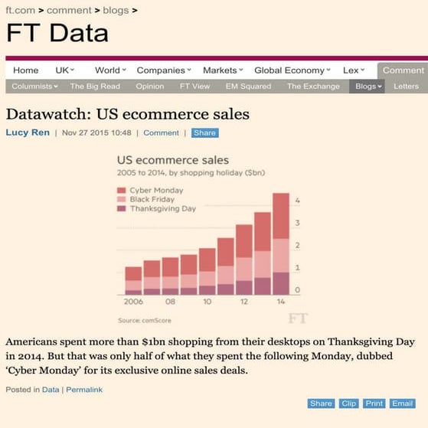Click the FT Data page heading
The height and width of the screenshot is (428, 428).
coord(57,33)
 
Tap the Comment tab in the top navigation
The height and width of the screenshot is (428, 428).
coord(403,70)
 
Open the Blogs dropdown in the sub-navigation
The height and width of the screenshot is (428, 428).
coord(368,87)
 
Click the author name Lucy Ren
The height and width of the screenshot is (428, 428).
coord(27,132)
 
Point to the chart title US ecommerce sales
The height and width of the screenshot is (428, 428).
coord(172,161)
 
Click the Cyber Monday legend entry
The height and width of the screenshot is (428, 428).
coord(154,190)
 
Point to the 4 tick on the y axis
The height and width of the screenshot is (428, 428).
coord(297,201)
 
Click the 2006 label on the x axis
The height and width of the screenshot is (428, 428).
coord(133,302)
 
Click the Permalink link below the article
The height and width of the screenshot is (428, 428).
coord(84,390)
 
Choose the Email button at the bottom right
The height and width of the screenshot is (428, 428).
coord(402,403)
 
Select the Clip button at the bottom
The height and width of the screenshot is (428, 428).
coord(348,403)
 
